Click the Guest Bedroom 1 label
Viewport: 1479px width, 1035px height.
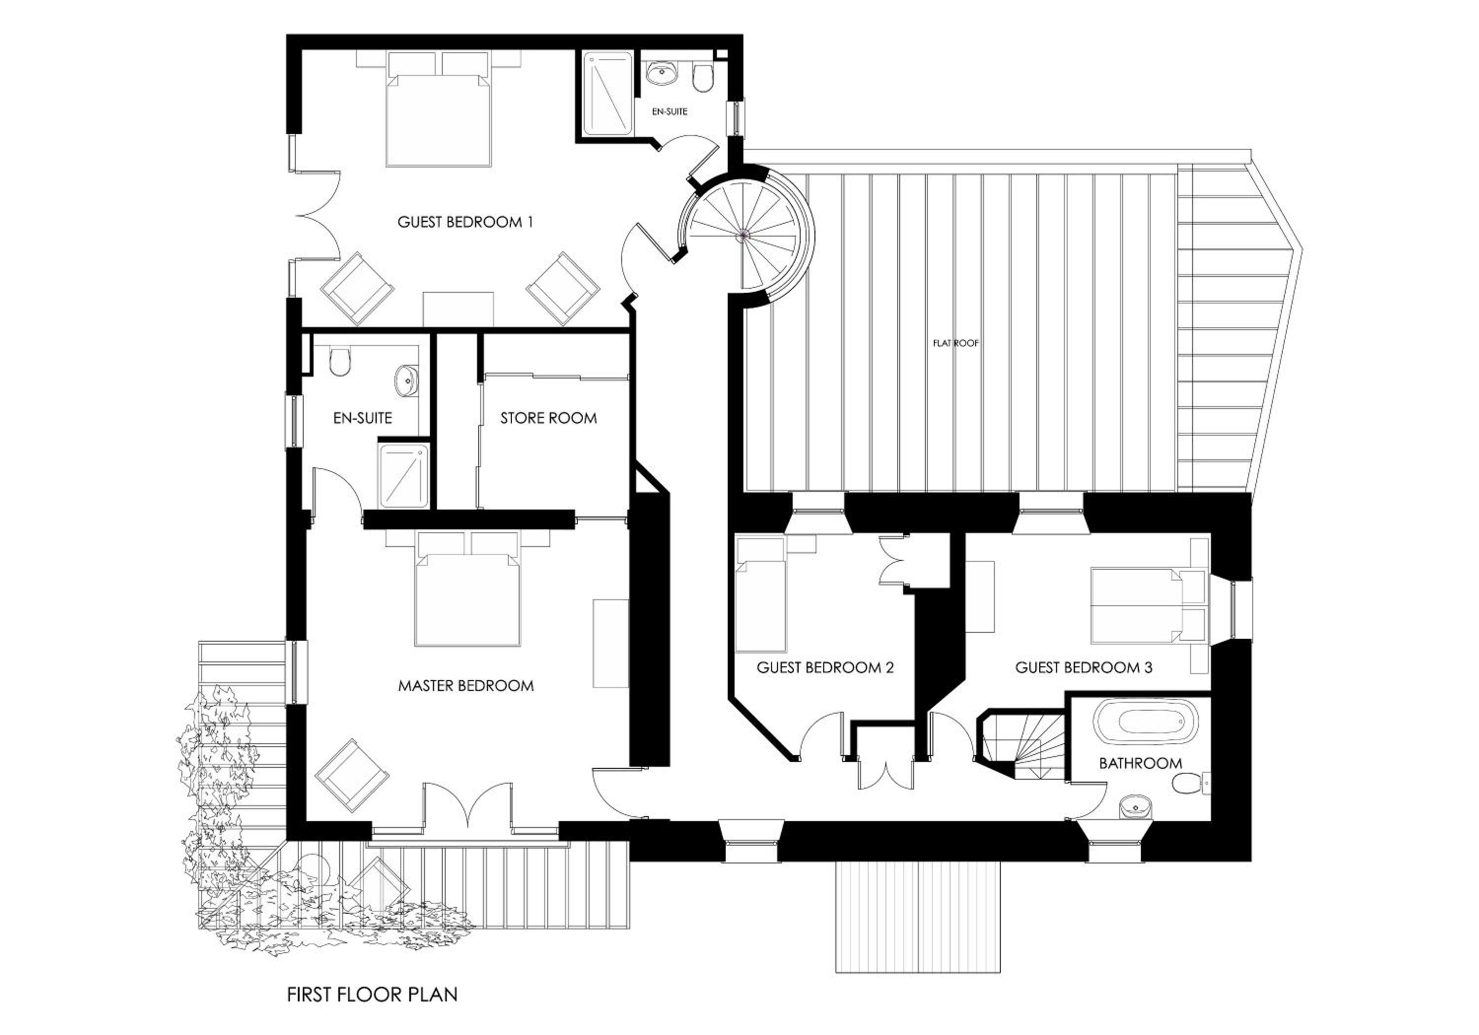tap(465, 222)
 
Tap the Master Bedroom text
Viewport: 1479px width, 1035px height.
tap(466, 686)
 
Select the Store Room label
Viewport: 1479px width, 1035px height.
tap(548, 418)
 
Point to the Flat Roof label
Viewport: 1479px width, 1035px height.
tap(956, 344)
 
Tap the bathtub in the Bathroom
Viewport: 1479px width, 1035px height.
tap(1148, 720)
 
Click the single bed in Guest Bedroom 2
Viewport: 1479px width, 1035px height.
tap(761, 596)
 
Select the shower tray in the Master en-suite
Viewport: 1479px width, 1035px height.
tap(404, 475)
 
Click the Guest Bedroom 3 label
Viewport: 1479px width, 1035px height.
tap(1084, 668)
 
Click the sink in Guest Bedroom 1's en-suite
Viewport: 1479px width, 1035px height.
tap(662, 74)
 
